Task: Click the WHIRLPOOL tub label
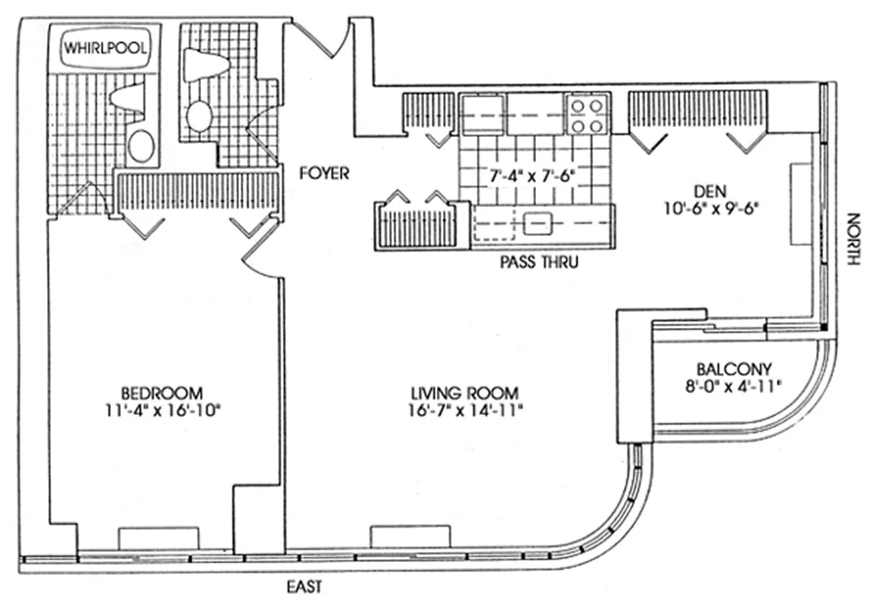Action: (x=107, y=47)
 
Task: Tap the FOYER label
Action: (x=324, y=174)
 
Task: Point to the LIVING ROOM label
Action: (x=464, y=394)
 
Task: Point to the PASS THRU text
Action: (x=539, y=263)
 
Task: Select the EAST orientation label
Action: (x=305, y=587)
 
